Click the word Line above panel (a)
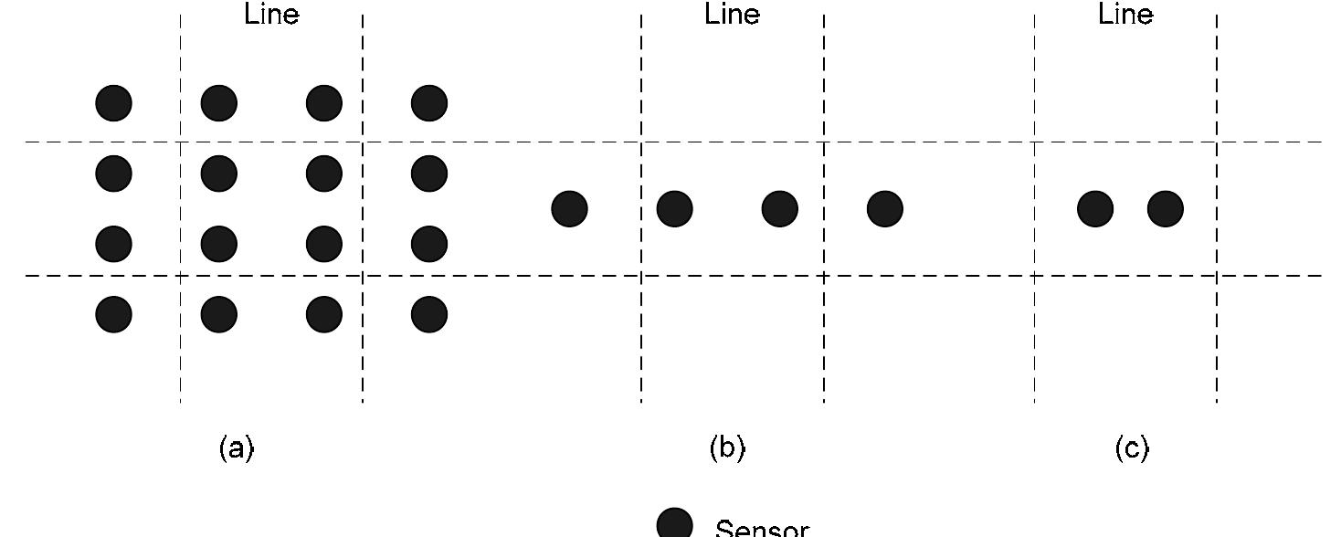click(x=271, y=15)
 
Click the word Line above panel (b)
click(x=732, y=15)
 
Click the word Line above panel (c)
click(x=1125, y=15)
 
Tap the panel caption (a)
click(x=237, y=448)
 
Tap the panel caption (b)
click(x=727, y=448)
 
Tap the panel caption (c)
click(x=1132, y=448)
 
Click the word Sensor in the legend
click(x=762, y=529)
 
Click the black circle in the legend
click(x=675, y=524)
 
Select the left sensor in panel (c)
click(x=1095, y=209)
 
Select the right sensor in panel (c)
click(x=1166, y=209)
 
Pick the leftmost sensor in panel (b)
click(x=570, y=209)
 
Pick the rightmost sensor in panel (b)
click(x=885, y=209)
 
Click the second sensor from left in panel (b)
click(x=675, y=209)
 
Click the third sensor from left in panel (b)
click(x=780, y=209)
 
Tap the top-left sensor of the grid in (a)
click(x=114, y=103)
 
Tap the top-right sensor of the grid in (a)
click(x=429, y=103)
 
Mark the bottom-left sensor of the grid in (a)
click(x=114, y=314)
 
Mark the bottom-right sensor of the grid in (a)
click(x=429, y=314)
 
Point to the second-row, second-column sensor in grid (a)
click(x=219, y=174)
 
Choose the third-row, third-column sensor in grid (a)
click(x=324, y=244)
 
